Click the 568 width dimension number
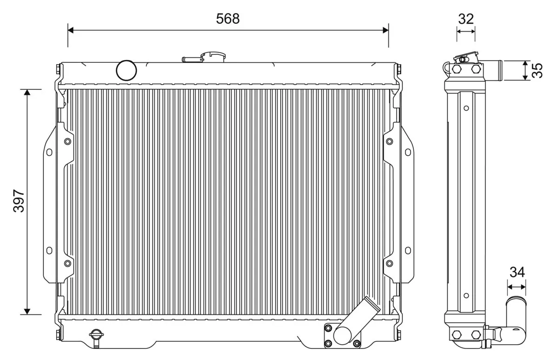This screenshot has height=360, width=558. point(228,19)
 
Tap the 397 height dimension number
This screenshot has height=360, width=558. point(19,201)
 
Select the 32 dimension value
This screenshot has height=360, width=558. point(465,19)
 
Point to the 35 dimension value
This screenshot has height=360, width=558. point(537,70)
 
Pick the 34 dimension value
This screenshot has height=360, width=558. point(517,272)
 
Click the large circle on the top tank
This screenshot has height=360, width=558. point(126,70)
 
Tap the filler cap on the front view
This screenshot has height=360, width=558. point(213,57)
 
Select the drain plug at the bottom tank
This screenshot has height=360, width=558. point(96,336)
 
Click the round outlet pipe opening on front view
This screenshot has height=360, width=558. point(344,334)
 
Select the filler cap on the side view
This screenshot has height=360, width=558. point(465,58)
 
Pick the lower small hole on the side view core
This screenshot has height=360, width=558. point(466,295)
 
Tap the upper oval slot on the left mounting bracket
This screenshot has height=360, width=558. point(49,152)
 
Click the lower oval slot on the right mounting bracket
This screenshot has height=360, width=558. point(408,250)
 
